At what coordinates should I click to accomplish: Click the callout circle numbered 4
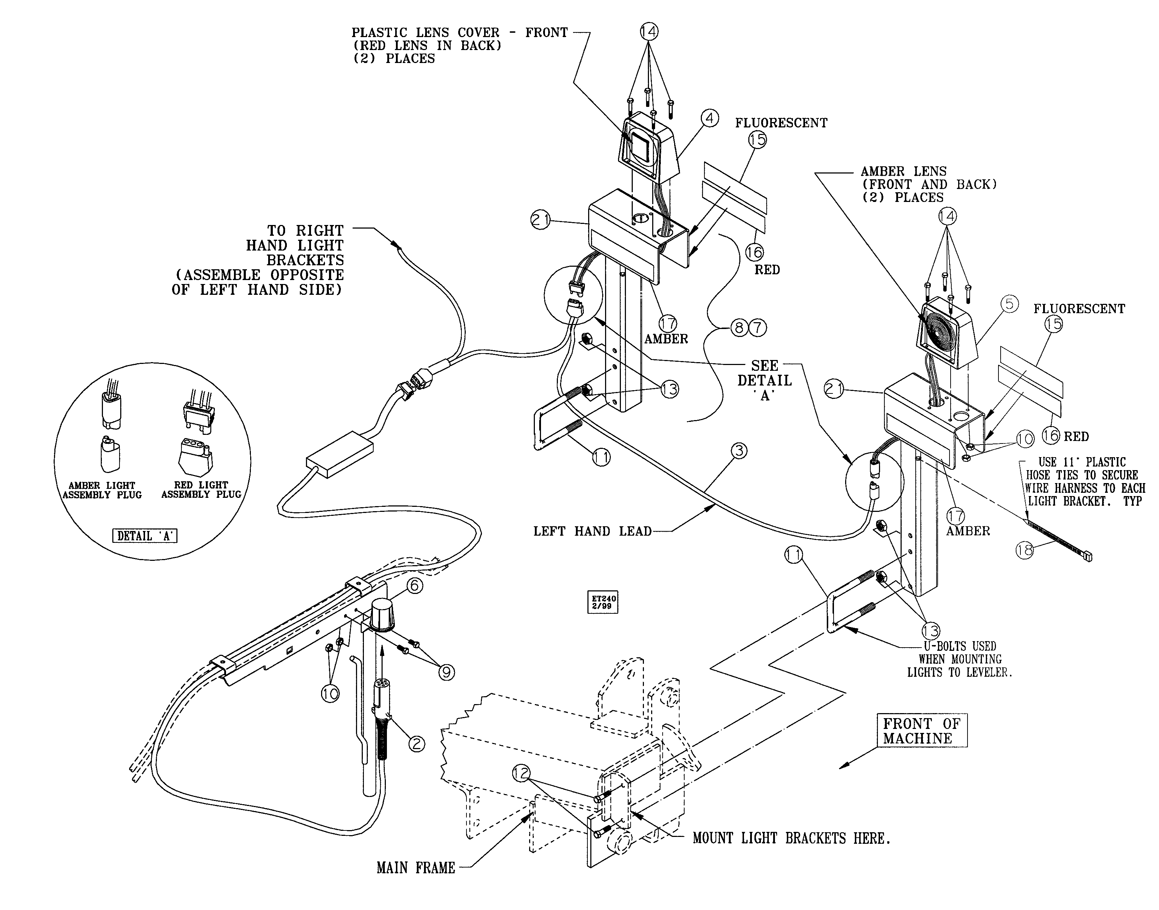(709, 118)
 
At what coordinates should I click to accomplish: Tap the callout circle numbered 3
(738, 451)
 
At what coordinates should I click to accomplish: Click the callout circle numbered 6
(414, 586)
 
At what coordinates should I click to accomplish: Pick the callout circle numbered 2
(416, 743)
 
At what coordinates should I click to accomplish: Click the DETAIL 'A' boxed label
(144, 536)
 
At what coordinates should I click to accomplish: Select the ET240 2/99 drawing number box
(603, 603)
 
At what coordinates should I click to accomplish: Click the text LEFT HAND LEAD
(592, 531)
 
